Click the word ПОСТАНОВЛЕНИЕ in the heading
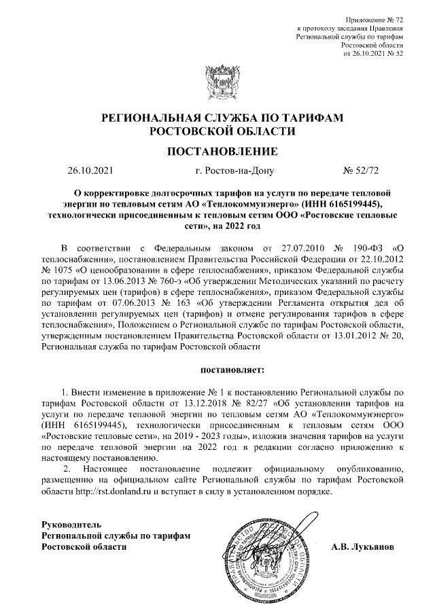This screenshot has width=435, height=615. (217, 151)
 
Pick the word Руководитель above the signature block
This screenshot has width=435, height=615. (71, 525)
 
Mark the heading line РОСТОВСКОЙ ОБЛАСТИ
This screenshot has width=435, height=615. (217, 130)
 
